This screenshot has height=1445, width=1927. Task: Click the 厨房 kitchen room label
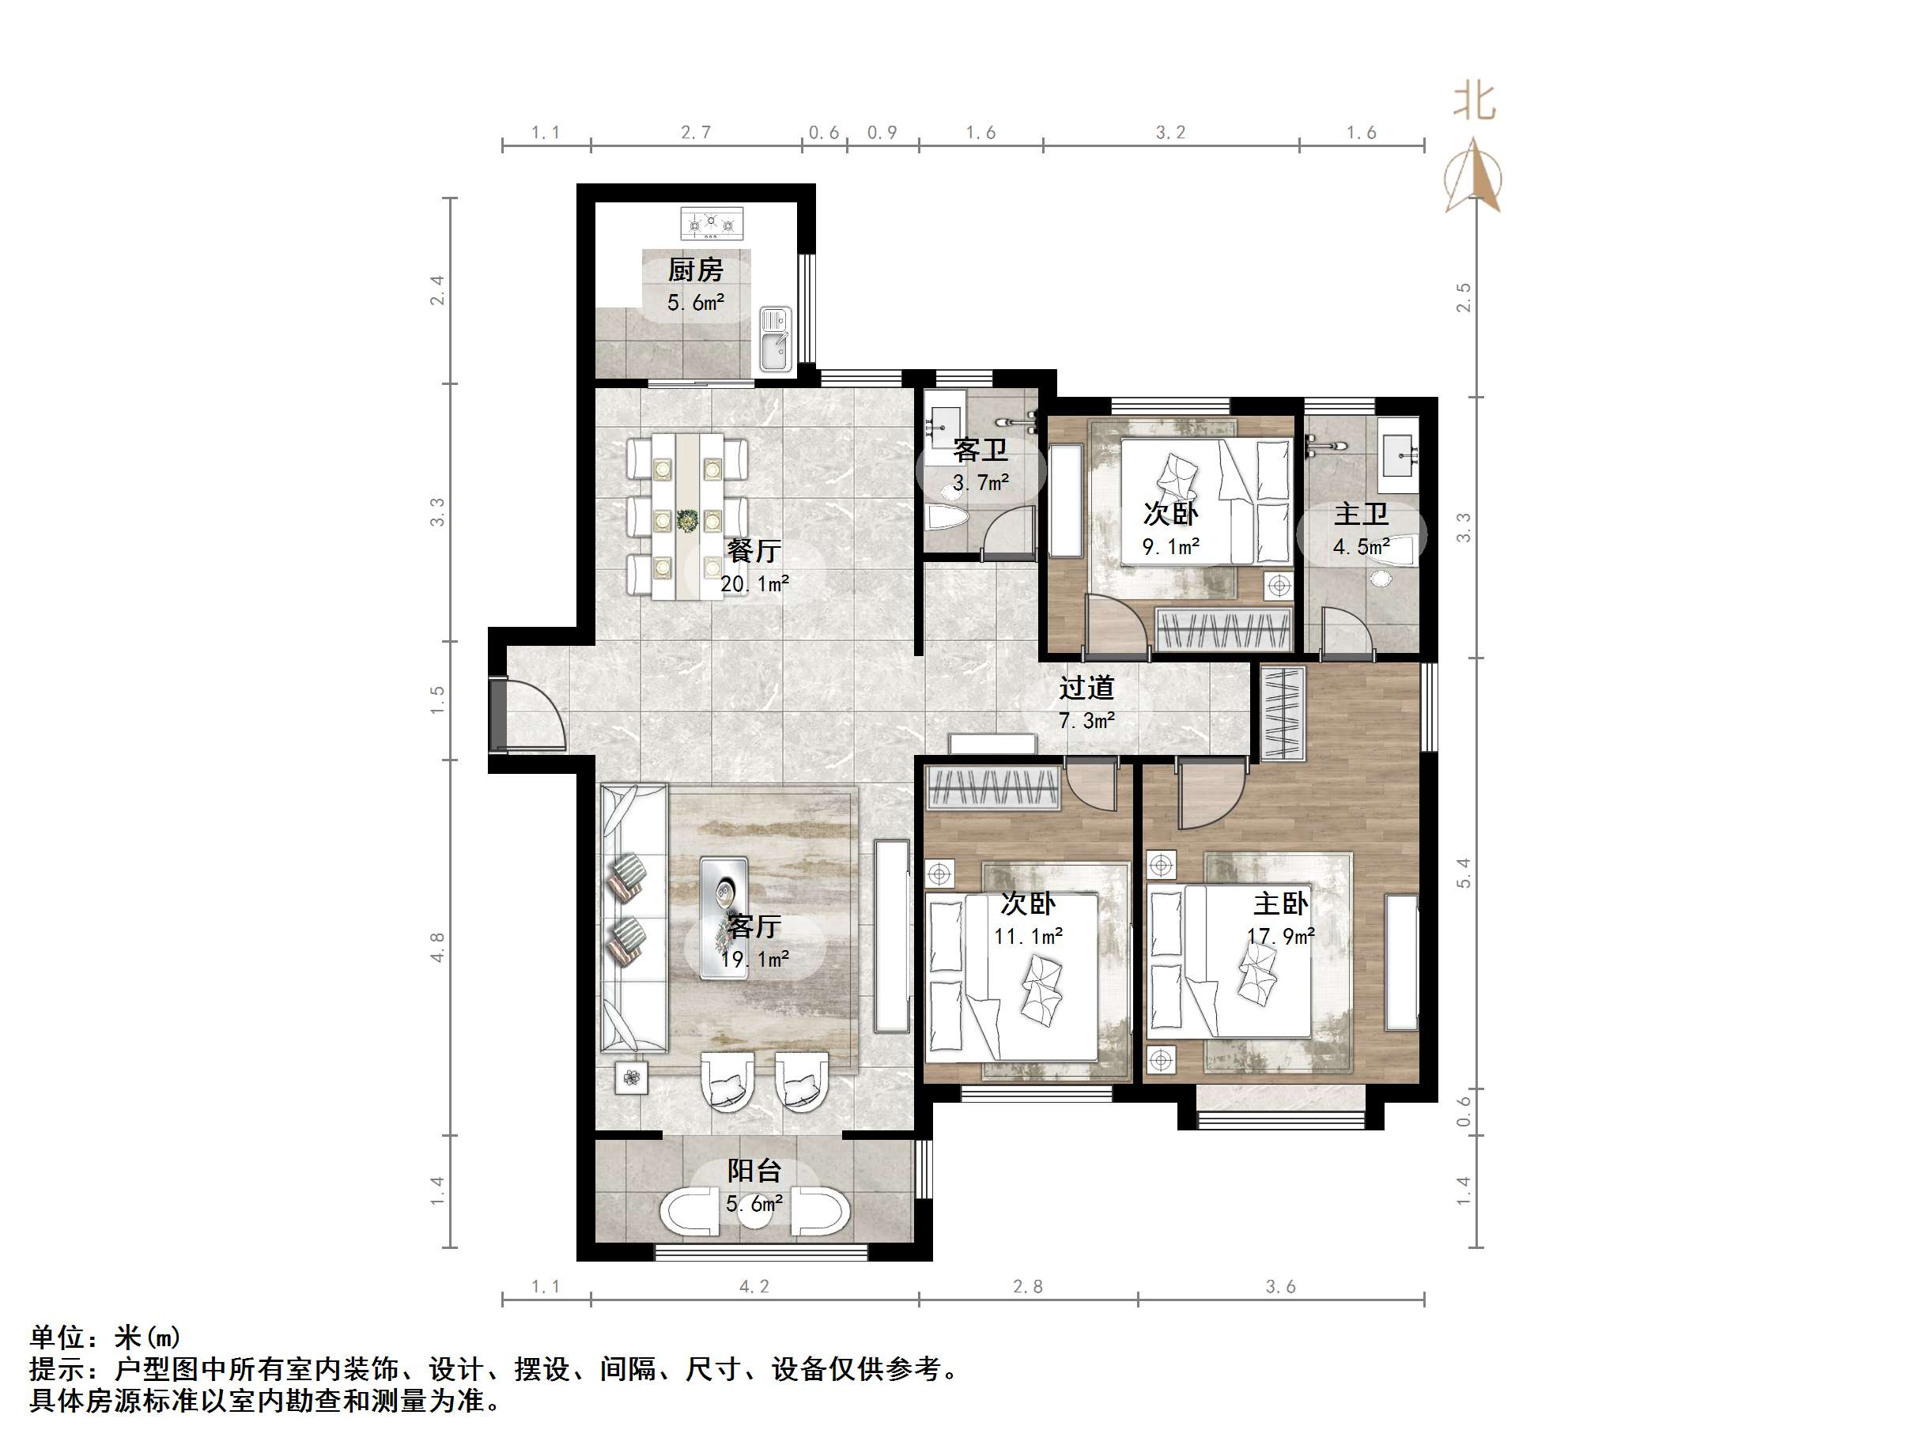(x=695, y=270)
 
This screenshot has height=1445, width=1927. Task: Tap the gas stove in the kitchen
(x=712, y=223)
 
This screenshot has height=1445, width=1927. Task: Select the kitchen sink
(x=774, y=339)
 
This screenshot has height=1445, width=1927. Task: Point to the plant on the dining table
(x=688, y=520)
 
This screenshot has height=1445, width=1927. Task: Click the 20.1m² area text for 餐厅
(x=754, y=583)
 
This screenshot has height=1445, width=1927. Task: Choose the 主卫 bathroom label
(x=1361, y=514)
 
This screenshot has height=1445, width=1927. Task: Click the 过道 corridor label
(x=1086, y=688)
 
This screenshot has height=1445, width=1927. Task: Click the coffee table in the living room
(x=724, y=917)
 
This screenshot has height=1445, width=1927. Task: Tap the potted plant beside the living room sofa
(x=632, y=1078)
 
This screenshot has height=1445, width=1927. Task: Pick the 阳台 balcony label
(x=754, y=1171)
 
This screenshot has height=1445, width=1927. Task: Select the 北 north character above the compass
(x=1474, y=102)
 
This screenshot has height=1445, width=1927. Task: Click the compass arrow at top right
(x=1472, y=173)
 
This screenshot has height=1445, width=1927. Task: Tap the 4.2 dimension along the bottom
(x=754, y=1286)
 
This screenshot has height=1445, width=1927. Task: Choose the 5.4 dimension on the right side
(x=1464, y=873)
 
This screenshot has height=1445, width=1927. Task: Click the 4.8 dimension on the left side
(x=437, y=948)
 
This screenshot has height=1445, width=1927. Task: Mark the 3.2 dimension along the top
(x=1171, y=132)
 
